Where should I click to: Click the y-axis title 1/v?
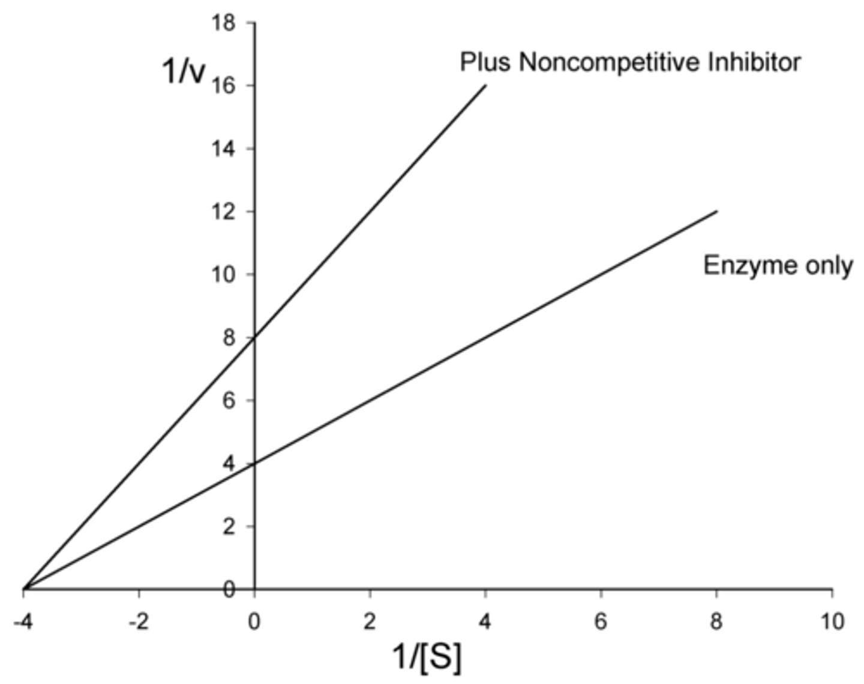coord(184,71)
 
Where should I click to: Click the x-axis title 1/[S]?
coord(427,656)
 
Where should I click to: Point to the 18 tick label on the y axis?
coord(224,23)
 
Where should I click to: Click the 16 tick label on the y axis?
coord(224,86)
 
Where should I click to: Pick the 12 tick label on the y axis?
coord(224,211)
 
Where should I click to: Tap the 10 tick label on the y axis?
coord(224,274)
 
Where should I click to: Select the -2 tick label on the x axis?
coord(139,621)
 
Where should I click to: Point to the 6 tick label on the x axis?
coord(601,621)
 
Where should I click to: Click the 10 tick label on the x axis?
coord(832,621)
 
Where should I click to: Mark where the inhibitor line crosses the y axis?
coord(255,337)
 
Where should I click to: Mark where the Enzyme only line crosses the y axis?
coord(255,463)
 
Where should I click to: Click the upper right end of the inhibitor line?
coord(485,86)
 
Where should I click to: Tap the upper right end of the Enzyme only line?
coord(716,211)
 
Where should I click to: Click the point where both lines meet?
coord(24,589)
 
